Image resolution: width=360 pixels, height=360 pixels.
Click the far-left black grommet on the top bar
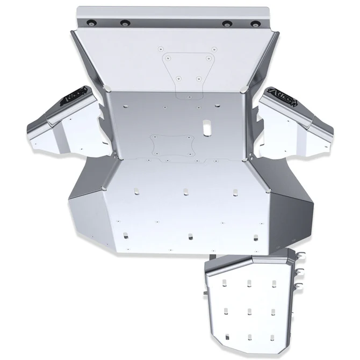[90, 22]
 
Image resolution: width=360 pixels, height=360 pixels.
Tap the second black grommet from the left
[125, 23]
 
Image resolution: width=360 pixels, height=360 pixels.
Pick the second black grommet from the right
[227, 24]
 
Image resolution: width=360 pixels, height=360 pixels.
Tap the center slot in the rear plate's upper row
[185, 191]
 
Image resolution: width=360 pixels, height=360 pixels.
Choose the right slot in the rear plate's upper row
[235, 191]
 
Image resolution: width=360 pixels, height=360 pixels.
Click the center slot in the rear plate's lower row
[190, 235]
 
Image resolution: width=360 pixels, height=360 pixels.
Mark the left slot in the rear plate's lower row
[126, 234]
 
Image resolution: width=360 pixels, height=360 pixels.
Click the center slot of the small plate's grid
[250, 311]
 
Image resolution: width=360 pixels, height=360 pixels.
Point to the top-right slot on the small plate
[273, 283]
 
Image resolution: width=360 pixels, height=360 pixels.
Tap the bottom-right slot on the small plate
[273, 338]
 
